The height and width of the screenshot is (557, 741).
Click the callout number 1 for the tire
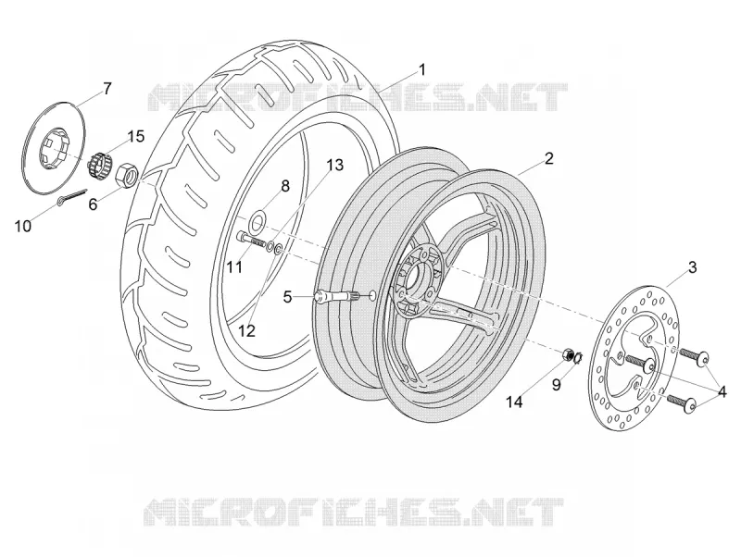422,70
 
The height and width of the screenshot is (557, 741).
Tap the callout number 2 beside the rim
548,158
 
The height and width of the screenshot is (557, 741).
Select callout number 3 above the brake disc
693,267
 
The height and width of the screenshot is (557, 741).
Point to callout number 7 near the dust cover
107,88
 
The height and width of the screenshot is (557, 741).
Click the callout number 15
134,136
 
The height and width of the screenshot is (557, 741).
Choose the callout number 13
334,166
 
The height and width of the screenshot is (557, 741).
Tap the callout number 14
515,402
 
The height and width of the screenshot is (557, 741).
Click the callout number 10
22,226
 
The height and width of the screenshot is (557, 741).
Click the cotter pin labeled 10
72,196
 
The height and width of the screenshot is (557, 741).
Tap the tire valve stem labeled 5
337,295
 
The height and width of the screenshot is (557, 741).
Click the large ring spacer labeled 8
258,221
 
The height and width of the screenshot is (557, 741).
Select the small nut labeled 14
569,353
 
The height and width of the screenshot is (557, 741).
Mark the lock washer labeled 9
577,359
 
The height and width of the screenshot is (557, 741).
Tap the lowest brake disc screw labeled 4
682,402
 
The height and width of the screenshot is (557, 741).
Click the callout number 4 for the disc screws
722,391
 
